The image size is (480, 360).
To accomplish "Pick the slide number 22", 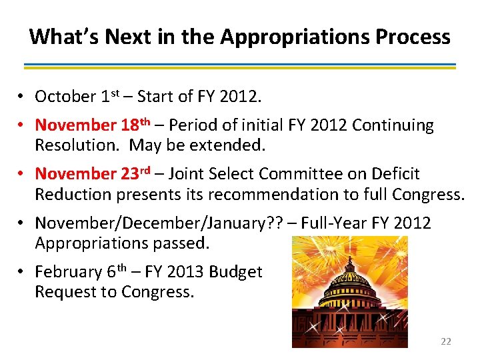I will (446, 341).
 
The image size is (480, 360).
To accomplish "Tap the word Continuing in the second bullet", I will (393, 125).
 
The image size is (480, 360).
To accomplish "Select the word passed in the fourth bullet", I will (179, 243).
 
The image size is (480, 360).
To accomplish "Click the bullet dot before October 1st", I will (22, 97).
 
